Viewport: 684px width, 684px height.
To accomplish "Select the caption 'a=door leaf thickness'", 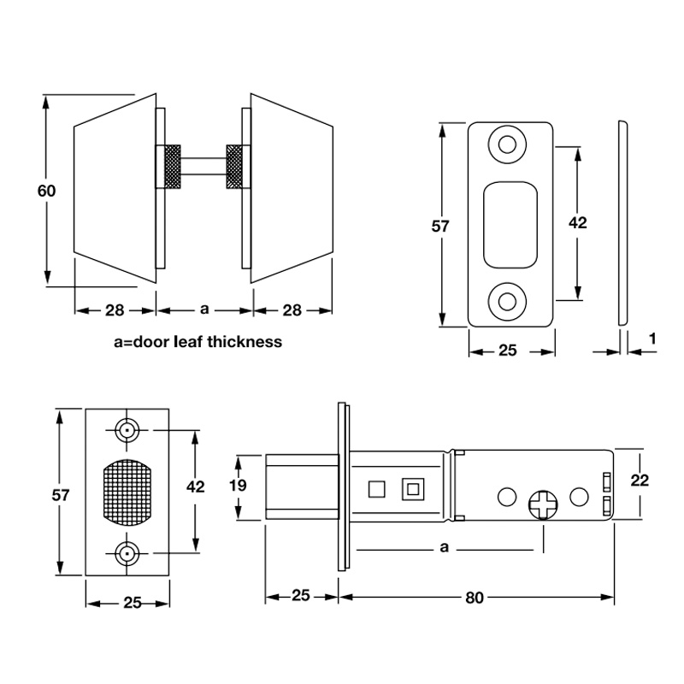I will point(198,342).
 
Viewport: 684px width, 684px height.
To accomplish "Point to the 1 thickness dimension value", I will point(652,339).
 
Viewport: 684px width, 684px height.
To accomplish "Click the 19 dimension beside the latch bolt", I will point(239,486).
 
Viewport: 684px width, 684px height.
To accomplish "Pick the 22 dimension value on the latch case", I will point(639,480).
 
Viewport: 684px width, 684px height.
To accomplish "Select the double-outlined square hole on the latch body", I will point(413,489).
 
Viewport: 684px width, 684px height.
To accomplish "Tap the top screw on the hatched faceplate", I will point(127,430).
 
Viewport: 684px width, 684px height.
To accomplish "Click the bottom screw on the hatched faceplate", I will point(127,555).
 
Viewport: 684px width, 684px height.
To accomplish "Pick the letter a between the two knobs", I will point(203,310).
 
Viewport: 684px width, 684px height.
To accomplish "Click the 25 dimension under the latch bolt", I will point(301,597).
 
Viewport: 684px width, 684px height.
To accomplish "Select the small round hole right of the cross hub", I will point(580,495).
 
